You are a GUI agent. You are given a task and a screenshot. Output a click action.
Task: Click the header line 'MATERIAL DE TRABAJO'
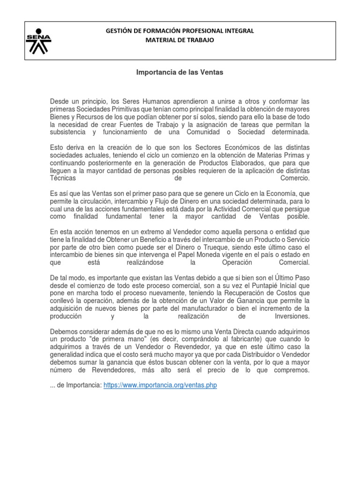[180, 40]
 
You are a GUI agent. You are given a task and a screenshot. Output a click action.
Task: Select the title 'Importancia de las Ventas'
[180, 73]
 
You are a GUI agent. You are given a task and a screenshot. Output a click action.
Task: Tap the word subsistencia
[68, 132]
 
